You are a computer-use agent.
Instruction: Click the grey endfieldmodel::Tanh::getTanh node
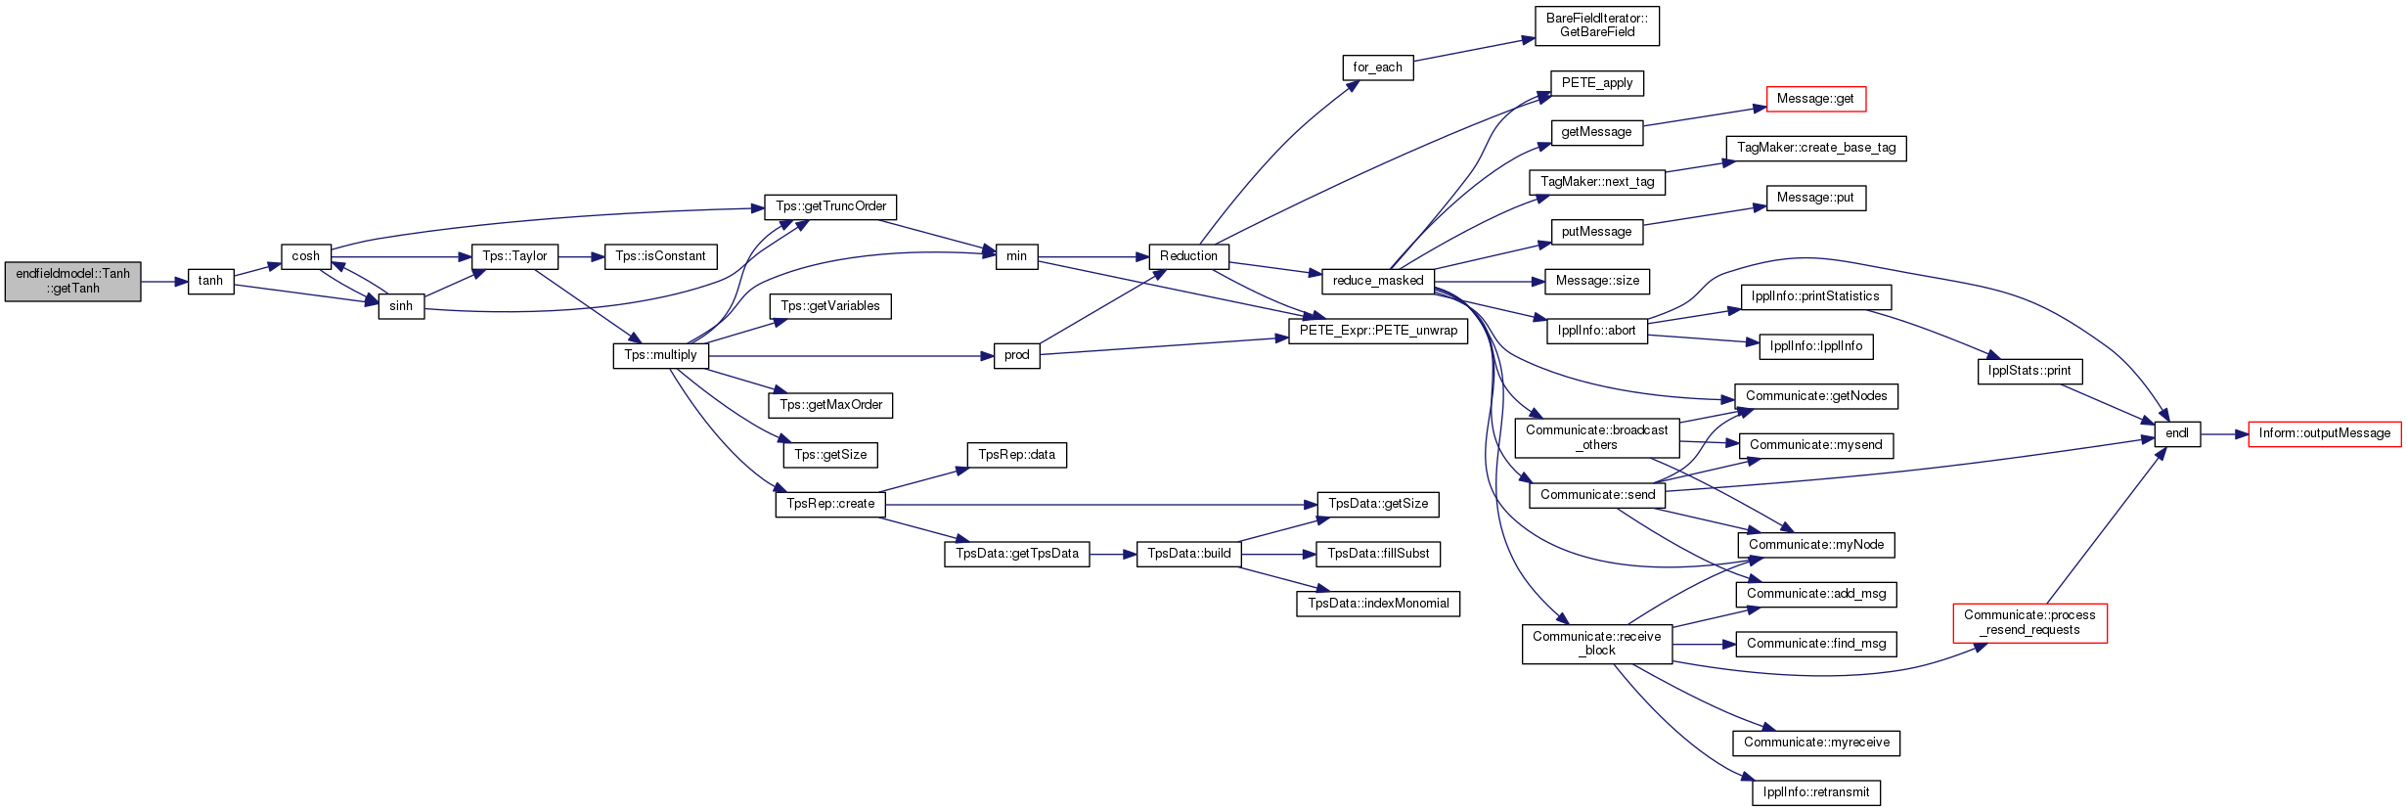click(x=72, y=281)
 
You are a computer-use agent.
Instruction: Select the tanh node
click(x=210, y=281)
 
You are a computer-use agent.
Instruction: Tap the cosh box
click(x=306, y=256)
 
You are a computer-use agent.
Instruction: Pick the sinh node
click(x=401, y=306)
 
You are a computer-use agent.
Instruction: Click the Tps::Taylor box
click(x=514, y=256)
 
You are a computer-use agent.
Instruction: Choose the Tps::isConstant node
click(x=660, y=256)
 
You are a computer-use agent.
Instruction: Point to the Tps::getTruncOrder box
click(x=830, y=206)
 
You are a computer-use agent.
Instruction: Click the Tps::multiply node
click(x=660, y=355)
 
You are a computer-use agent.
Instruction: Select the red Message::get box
click(x=1816, y=99)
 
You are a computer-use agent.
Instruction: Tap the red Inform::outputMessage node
click(x=2324, y=433)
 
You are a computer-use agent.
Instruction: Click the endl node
click(x=2177, y=433)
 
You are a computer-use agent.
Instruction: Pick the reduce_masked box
click(x=1378, y=281)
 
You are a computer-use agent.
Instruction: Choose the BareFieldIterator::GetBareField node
click(x=1597, y=25)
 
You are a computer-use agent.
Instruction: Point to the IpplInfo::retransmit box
click(x=1816, y=792)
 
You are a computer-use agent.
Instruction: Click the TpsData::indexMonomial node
click(x=1378, y=604)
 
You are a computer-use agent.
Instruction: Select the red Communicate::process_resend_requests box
click(x=2030, y=623)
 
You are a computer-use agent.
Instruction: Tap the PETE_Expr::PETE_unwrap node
click(x=1378, y=331)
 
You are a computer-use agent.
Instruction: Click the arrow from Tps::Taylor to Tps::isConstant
click(x=582, y=256)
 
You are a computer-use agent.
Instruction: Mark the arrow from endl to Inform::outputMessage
click(x=2225, y=433)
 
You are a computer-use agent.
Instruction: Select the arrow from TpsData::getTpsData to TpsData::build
click(x=1113, y=554)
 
